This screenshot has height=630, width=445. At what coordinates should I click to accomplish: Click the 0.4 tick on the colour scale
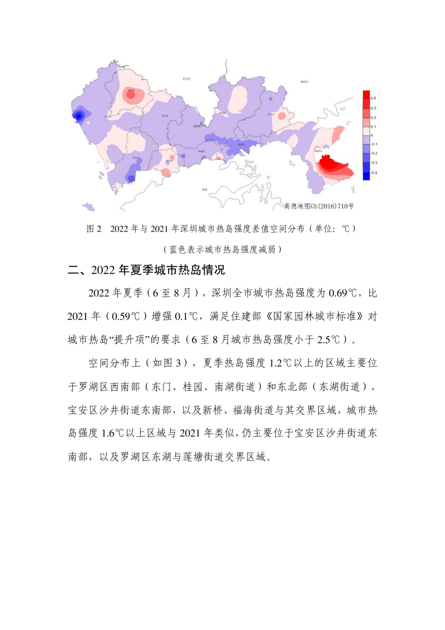374,98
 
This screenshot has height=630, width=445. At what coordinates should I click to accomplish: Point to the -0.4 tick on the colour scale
374,173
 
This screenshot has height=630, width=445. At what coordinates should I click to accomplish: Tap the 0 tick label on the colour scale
372,136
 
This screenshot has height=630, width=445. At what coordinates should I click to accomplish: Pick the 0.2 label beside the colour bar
374,117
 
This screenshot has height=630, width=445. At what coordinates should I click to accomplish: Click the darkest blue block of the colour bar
366,175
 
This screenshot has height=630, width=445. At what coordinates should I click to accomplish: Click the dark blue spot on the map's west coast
79,116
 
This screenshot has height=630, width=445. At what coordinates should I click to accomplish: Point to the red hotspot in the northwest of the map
131,95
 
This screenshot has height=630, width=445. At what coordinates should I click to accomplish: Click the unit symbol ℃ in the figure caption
345,229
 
